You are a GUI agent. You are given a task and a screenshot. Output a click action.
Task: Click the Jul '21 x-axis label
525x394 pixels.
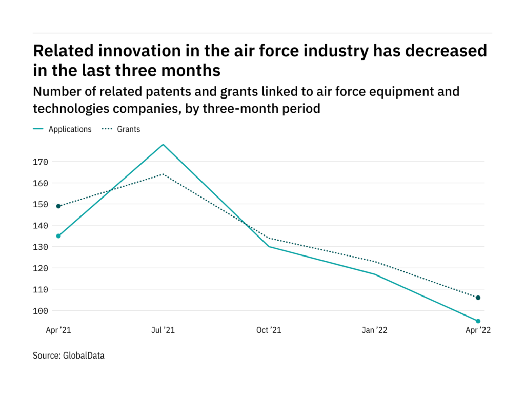pos(163,330)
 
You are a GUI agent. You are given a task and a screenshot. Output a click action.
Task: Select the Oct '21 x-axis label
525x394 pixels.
pos(269,330)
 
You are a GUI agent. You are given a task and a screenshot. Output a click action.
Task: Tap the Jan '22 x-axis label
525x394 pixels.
pos(375,330)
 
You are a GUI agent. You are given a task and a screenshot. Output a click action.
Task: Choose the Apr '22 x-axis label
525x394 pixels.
pos(477,330)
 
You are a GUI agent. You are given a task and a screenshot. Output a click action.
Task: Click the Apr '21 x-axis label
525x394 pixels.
pos(58,330)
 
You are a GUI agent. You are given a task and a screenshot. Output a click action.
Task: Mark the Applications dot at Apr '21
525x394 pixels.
pos(58,236)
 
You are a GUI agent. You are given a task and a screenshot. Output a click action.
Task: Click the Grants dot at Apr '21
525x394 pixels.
pos(58,206)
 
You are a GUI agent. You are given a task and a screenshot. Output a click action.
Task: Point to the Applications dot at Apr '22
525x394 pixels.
pos(478,321)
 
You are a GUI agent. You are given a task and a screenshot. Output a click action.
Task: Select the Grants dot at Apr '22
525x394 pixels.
pos(478,298)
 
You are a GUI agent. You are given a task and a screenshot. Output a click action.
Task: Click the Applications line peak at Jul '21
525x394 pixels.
pos(164,145)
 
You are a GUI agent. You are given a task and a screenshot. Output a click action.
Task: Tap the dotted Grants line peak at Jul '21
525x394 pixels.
pos(164,174)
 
